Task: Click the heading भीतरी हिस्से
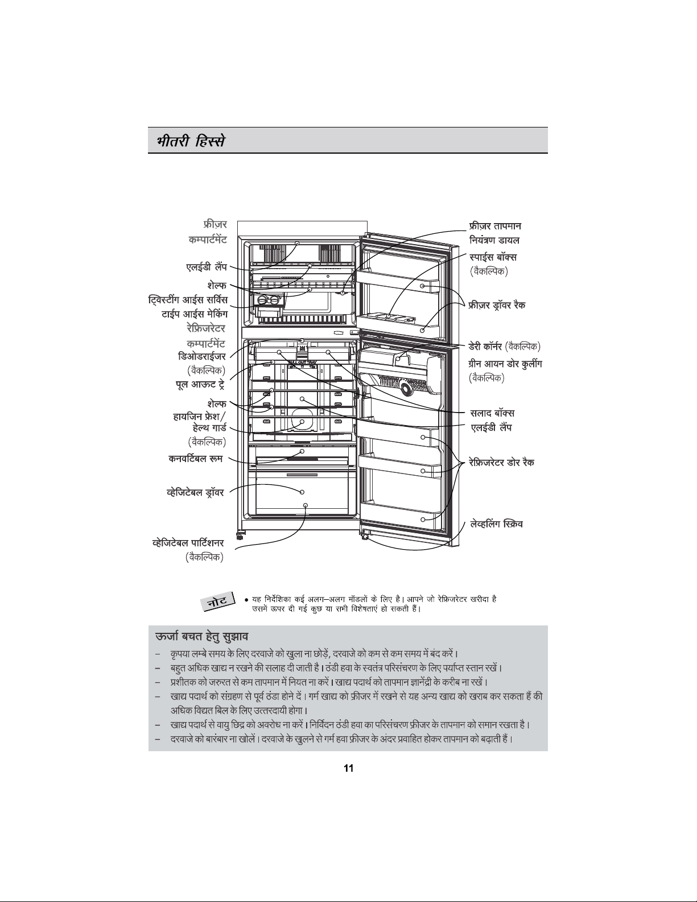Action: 191,141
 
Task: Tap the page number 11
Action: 348,768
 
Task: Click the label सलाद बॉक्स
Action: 493,413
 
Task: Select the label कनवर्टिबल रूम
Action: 196,459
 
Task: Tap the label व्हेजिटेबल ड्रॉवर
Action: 195,492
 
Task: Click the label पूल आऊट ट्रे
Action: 200,385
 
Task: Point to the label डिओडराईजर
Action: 201,356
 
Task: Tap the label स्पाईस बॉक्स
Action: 493,257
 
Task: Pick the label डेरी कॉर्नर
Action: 486,346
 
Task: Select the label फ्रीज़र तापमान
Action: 496,226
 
